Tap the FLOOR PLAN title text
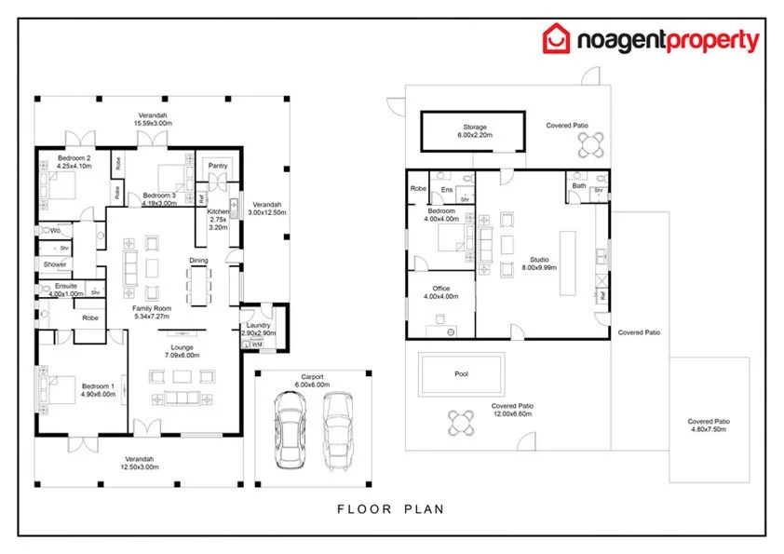click(x=390, y=508)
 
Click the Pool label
click(x=461, y=373)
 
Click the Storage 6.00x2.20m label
click(x=475, y=131)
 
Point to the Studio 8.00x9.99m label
click(x=540, y=263)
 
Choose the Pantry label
click(x=219, y=166)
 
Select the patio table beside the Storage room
click(x=588, y=145)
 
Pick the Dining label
click(x=198, y=261)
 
